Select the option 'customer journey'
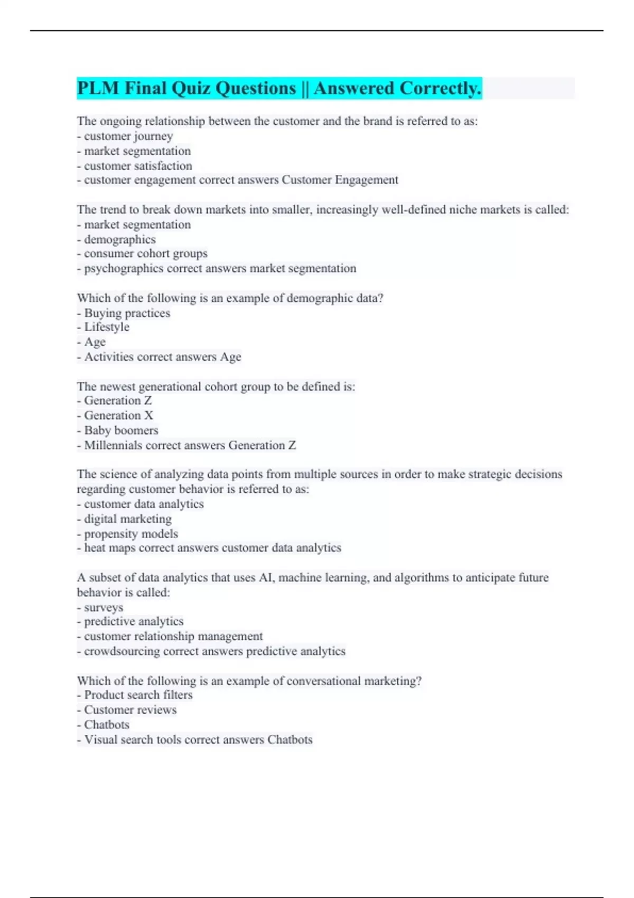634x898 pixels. tap(128, 136)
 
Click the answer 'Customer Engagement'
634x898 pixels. tap(340, 180)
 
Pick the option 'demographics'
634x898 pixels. tap(120, 239)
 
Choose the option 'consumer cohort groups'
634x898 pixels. tap(146, 254)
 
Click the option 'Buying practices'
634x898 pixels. tap(127, 313)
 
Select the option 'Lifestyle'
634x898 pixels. tap(107, 327)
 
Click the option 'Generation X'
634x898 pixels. tap(118, 416)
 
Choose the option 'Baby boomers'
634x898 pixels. tap(121, 431)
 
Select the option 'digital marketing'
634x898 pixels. tap(128, 519)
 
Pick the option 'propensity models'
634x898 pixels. tap(131, 534)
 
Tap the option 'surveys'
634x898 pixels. tap(104, 607)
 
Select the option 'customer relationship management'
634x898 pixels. tap(173, 637)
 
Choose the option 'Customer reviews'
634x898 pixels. tap(130, 710)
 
